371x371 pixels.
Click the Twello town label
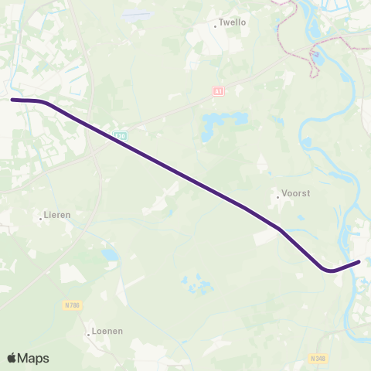[233, 22]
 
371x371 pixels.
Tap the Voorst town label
[297, 194]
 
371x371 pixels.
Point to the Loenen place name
[107, 331]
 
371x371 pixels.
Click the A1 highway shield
[218, 91]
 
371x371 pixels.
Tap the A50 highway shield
[119, 135]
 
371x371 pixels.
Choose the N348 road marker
[318, 359]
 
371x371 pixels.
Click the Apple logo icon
[12, 358]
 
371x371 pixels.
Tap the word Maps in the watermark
[34, 358]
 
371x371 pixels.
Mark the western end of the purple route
[12, 100]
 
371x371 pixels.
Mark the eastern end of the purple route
[359, 262]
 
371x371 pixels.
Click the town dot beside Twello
[216, 26]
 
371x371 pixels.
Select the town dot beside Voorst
[278, 196]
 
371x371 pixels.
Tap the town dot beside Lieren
[40, 219]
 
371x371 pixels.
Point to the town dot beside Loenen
[88, 334]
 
